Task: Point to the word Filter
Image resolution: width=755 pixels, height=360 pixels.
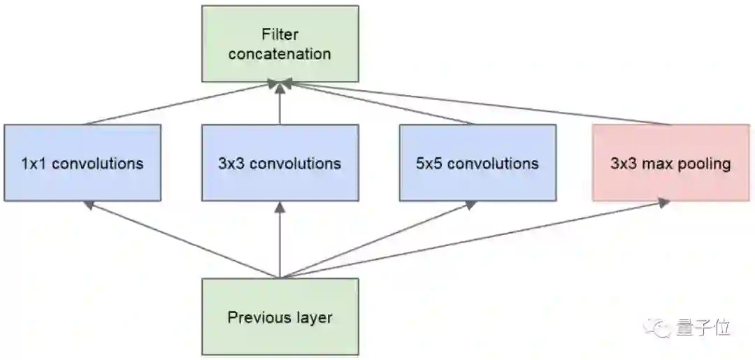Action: (x=280, y=34)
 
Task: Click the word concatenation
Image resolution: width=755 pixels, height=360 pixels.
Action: (x=280, y=54)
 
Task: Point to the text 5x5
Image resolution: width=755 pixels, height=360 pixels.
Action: (x=429, y=164)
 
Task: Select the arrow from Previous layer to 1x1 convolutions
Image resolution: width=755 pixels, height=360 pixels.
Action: (x=182, y=240)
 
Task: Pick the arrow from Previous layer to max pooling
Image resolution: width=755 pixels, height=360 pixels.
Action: (x=475, y=240)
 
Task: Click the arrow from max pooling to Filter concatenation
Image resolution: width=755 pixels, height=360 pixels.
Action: (x=475, y=103)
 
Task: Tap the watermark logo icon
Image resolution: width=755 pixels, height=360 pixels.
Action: (x=659, y=326)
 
